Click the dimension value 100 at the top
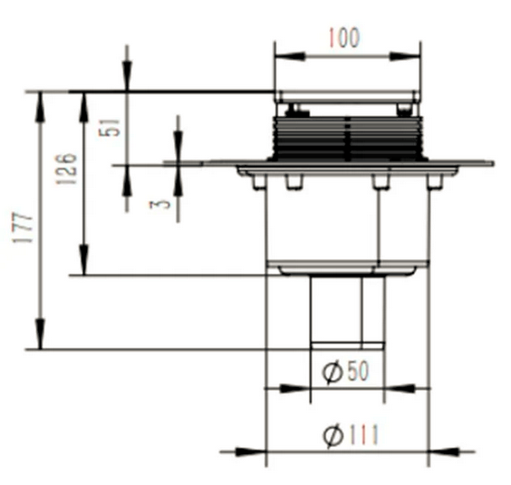(x=344, y=38)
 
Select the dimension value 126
(x=66, y=169)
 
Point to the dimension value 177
(x=24, y=228)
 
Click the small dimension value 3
(x=160, y=204)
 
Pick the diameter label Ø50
(x=345, y=372)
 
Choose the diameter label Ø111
(x=351, y=434)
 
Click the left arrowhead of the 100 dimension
(x=290, y=56)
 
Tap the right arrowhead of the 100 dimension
(x=405, y=56)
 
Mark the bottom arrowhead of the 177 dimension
(x=40, y=334)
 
